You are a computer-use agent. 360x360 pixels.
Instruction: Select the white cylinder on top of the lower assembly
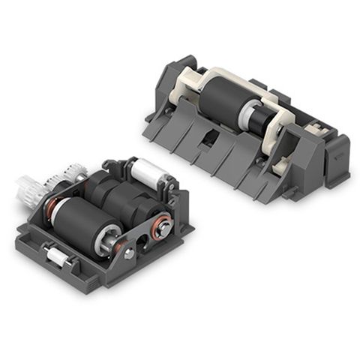[x=150, y=170]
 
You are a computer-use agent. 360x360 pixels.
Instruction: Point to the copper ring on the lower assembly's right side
[x=160, y=225]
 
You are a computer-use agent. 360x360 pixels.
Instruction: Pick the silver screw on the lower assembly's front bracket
[x=130, y=254]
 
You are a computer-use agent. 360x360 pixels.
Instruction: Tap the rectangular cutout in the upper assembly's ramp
[x=211, y=139]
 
